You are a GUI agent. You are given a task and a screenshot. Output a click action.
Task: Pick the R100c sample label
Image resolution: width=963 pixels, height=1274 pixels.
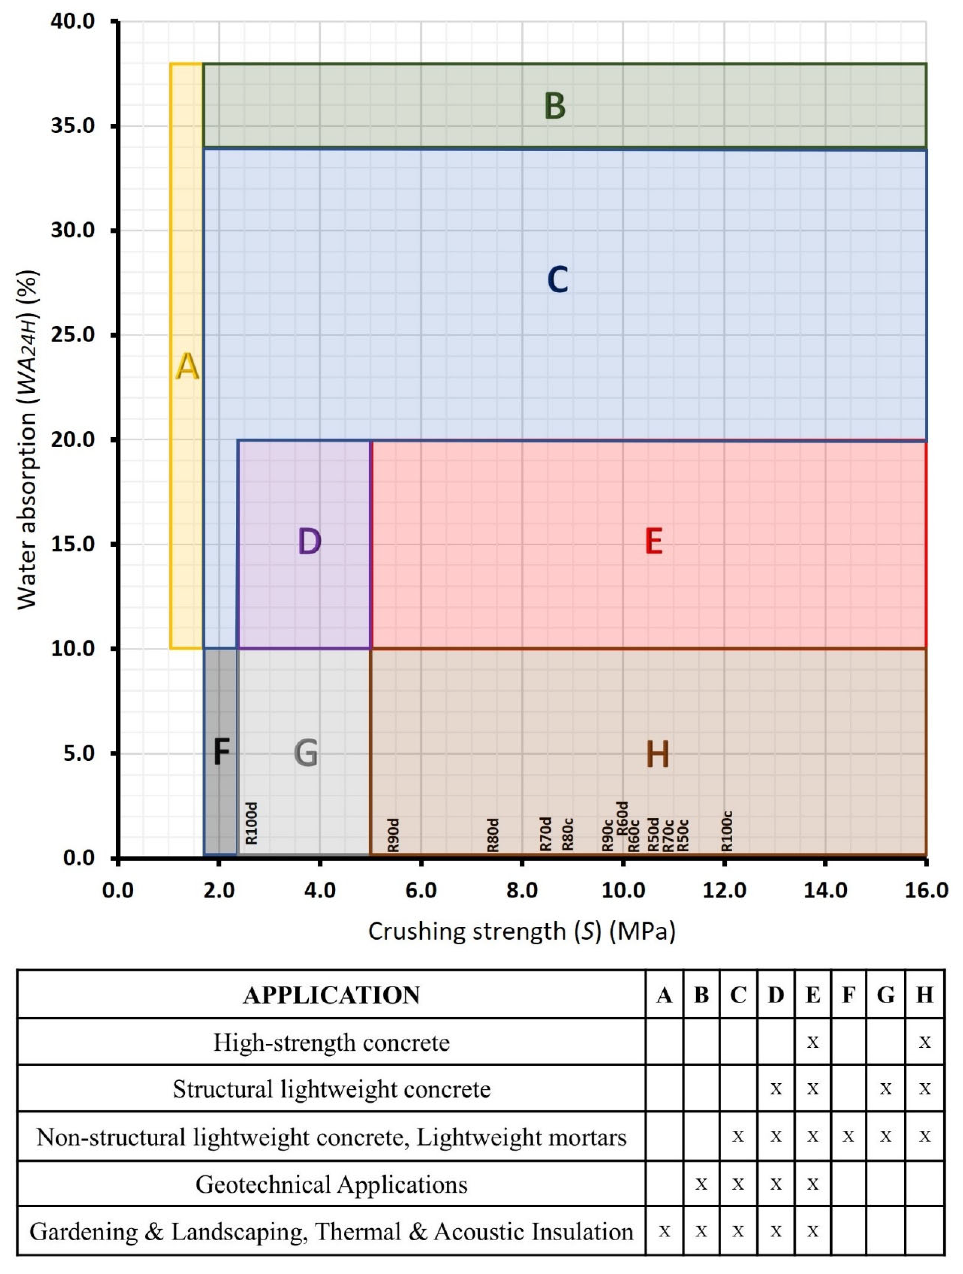tap(727, 831)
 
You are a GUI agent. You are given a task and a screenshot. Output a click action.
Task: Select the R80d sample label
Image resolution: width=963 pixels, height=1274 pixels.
tap(493, 835)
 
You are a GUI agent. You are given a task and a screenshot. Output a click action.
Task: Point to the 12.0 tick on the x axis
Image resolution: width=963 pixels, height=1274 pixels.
tap(724, 890)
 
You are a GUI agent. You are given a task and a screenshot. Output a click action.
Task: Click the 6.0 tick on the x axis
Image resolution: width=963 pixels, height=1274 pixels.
tap(421, 890)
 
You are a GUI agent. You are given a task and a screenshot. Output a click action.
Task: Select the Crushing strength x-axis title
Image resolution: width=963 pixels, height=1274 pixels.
tap(521, 931)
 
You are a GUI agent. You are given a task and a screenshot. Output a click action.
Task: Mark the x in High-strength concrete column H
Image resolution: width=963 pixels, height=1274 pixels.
tap(925, 1042)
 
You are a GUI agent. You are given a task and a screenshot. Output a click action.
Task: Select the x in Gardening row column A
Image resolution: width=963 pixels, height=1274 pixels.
tap(664, 1231)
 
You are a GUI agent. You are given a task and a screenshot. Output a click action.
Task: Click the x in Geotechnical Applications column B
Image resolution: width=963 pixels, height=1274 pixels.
tap(701, 1184)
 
